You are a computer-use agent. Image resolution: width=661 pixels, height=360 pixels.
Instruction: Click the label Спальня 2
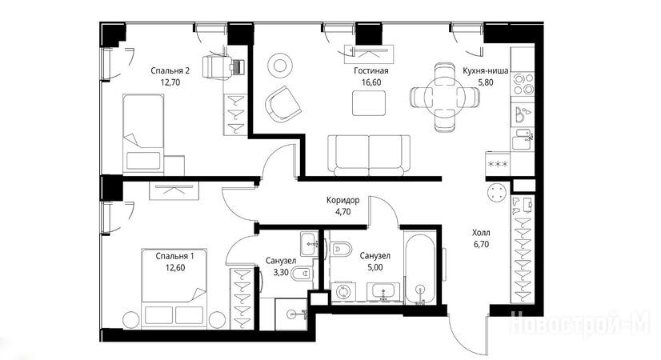click(x=170, y=70)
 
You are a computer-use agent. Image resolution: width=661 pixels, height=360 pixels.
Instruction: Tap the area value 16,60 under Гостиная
click(x=371, y=82)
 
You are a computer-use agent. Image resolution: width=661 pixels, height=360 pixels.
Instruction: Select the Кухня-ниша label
click(x=485, y=70)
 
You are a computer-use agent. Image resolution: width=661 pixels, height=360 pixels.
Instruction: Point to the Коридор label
click(x=343, y=200)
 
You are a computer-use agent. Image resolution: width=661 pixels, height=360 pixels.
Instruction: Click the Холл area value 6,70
click(x=481, y=244)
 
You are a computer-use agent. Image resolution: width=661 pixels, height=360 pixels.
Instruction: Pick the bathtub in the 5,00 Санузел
click(x=419, y=267)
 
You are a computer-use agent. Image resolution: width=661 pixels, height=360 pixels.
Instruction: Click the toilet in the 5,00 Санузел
click(x=342, y=249)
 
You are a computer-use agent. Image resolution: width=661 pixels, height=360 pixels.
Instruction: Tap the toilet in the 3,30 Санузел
click(x=302, y=274)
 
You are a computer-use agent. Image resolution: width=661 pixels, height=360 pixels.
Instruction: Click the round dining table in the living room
click(x=445, y=97)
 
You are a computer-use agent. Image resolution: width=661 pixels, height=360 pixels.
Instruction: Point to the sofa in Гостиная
click(x=369, y=155)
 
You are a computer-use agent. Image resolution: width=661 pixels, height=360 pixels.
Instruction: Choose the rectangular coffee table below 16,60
click(x=369, y=103)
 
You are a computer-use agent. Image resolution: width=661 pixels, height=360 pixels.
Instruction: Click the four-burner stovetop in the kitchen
click(x=523, y=83)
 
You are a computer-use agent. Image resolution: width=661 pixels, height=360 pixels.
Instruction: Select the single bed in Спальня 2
click(x=143, y=134)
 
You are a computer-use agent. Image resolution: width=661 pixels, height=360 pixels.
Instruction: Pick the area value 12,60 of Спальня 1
click(x=175, y=268)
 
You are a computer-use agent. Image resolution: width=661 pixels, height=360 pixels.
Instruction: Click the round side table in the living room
click(x=279, y=66)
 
